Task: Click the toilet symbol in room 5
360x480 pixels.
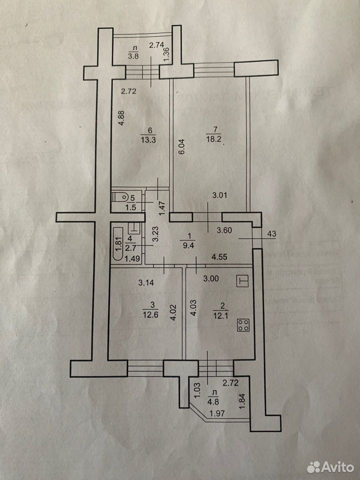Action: point(119,196)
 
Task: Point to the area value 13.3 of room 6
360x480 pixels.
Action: point(149,139)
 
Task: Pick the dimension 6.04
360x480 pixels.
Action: point(181,147)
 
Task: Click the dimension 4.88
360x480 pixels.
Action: point(122,118)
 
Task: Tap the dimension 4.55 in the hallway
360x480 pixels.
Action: point(219,256)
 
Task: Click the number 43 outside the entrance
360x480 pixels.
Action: point(271,234)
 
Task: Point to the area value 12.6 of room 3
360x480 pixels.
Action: point(150,314)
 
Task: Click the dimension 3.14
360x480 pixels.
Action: point(146,282)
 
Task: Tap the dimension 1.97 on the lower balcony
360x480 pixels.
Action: point(216,413)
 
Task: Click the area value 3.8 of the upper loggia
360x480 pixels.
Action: point(133,56)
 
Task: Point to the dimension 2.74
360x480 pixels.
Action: point(156,45)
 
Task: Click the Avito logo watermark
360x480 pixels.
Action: point(330,467)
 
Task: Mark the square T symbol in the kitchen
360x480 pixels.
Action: point(243,281)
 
